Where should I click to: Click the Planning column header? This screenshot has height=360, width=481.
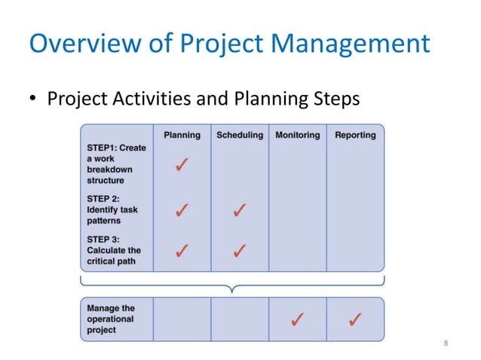[x=182, y=135]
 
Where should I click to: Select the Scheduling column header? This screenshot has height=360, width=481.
[x=240, y=135]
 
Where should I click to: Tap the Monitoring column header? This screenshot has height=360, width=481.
[x=297, y=135]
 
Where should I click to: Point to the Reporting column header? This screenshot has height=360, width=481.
[x=355, y=135]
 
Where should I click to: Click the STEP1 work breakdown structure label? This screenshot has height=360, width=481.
[x=116, y=163]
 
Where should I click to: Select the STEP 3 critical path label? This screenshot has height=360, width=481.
[x=114, y=250]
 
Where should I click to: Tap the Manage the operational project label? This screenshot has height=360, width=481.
[x=111, y=319]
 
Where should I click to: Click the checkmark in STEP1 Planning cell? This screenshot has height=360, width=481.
[x=182, y=164]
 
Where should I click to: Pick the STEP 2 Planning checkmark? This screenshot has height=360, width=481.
[x=182, y=210]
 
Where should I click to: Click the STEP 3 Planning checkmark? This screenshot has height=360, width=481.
[x=182, y=250]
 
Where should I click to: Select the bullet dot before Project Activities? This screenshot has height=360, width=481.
[x=35, y=99]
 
